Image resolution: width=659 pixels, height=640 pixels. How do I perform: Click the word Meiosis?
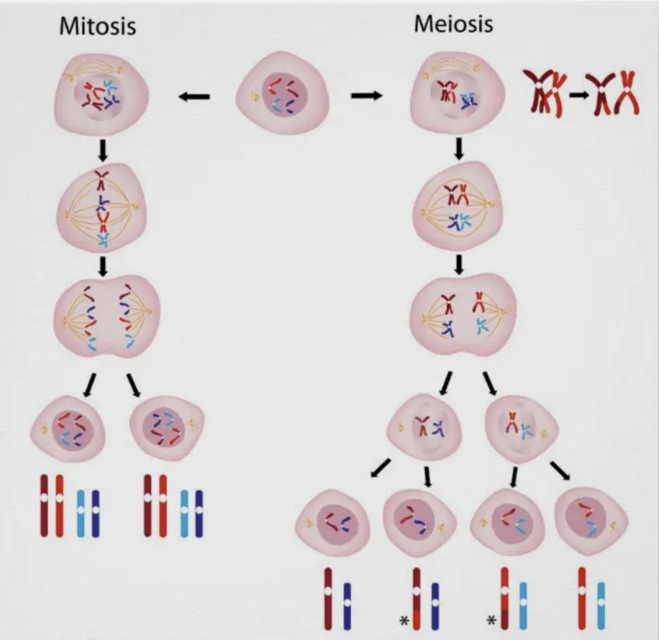point(453,24)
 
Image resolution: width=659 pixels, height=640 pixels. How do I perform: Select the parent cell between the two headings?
point(283,94)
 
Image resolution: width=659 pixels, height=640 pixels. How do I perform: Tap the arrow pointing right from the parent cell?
point(367,95)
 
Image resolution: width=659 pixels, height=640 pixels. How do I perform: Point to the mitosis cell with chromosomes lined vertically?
point(102,208)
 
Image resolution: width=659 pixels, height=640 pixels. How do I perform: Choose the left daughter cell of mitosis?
point(68,429)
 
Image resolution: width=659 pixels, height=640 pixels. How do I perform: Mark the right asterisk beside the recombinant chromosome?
point(491,622)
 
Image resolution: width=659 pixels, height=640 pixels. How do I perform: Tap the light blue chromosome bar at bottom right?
point(601,606)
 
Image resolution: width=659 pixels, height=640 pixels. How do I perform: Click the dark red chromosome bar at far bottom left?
point(44,506)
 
